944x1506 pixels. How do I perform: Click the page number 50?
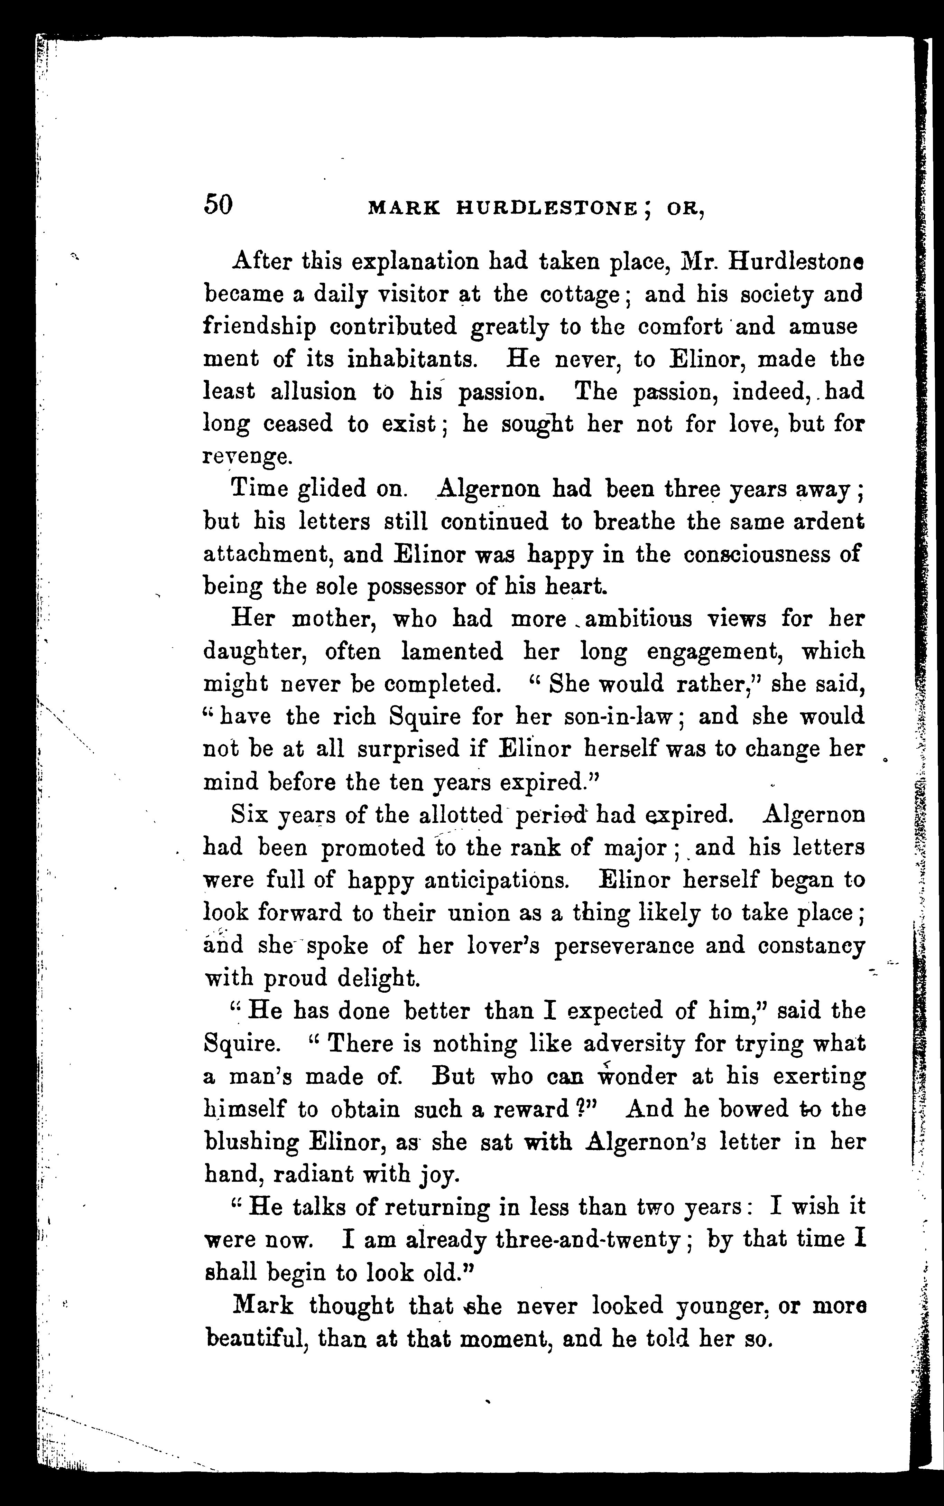(218, 204)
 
